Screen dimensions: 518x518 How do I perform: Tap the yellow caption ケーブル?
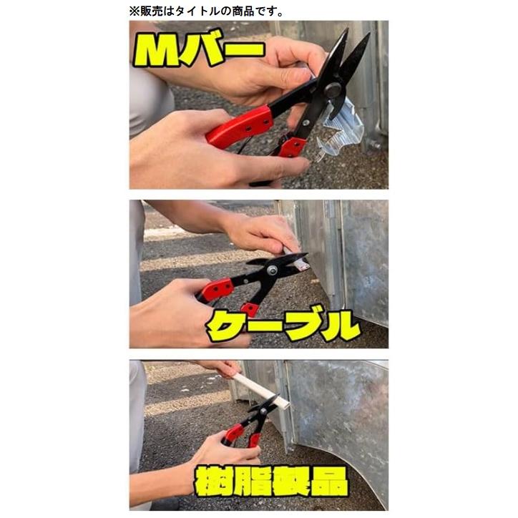[283, 326]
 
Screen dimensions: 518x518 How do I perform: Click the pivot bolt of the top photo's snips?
[331, 89]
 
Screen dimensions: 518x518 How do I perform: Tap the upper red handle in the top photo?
[240, 126]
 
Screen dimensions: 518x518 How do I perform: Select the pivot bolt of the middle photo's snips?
[272, 270]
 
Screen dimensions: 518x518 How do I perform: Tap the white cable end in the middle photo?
[300, 263]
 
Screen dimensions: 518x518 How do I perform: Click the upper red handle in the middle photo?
[216, 289]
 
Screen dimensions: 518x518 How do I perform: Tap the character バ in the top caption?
[207, 49]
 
